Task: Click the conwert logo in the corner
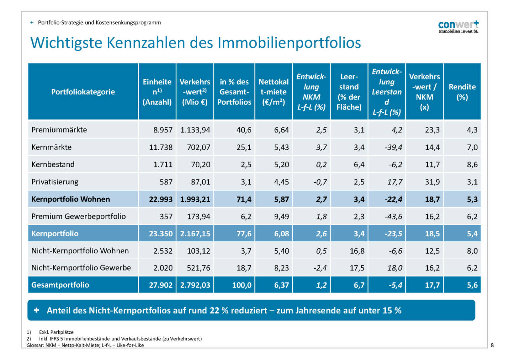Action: pos(458,26)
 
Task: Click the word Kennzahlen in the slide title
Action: pos(146,43)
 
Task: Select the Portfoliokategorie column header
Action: pos(83,92)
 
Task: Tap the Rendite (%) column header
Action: pos(462,92)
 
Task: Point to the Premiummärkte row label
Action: pos(59,130)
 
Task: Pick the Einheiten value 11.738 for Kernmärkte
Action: pos(161,147)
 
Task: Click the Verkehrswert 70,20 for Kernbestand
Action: pos(200,165)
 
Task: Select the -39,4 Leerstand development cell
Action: pos(393,147)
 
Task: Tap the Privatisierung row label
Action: pos(55,182)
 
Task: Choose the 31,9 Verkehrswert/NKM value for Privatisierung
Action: pos(432,182)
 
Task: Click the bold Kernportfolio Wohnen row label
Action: pos(71,199)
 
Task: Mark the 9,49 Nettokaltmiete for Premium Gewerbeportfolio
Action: pos(281,216)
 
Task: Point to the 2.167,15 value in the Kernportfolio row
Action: pos(195,234)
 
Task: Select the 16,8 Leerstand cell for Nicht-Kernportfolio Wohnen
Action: pos(357,251)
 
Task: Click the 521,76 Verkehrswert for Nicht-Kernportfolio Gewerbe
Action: pos(198,268)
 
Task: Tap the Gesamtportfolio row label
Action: pos(60,285)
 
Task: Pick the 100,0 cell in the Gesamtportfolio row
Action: pos(242,285)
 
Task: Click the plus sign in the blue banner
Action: pos(36,310)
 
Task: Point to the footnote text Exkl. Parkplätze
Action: pos(56,332)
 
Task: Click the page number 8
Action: pos(492,345)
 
